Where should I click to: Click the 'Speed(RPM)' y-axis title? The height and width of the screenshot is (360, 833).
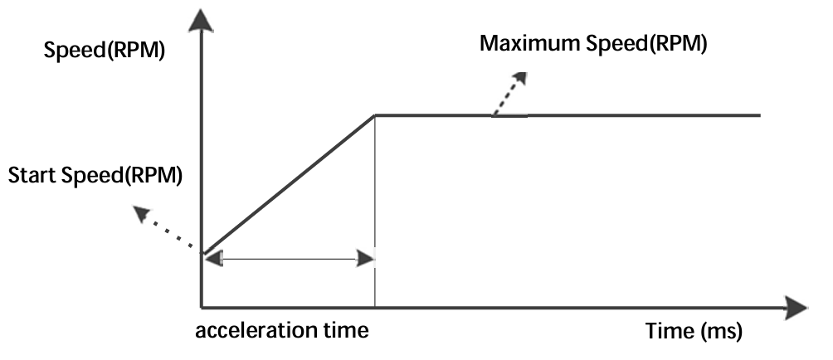click(x=105, y=51)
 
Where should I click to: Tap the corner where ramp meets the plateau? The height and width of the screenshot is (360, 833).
click(x=375, y=114)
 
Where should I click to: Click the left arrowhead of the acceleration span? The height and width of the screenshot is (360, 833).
click(x=213, y=260)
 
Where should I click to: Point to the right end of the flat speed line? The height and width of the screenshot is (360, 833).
click(x=758, y=114)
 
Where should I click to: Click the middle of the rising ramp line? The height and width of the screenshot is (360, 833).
click(x=289, y=183)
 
